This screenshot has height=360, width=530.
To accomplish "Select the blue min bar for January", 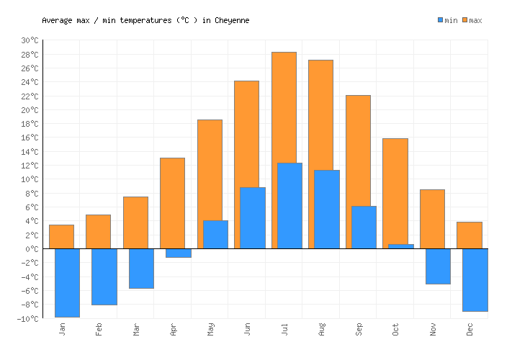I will [x=67, y=282].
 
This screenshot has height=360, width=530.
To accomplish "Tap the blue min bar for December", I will [x=475, y=279].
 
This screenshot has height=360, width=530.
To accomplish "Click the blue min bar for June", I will [x=252, y=217].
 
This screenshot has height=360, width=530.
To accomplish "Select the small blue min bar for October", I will [x=400, y=246].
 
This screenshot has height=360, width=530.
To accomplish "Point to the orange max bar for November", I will [x=432, y=219].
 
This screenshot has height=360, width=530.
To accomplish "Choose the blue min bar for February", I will [x=104, y=276].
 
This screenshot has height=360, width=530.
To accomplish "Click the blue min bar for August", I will [x=326, y=209].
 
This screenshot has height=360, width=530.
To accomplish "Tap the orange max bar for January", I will [x=61, y=236].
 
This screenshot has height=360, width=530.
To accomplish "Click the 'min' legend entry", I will [x=447, y=20].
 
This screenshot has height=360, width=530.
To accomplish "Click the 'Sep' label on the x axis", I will [x=359, y=330].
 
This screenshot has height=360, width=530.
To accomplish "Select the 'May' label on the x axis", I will [x=210, y=330].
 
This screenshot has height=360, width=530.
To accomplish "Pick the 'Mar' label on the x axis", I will [x=136, y=330].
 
